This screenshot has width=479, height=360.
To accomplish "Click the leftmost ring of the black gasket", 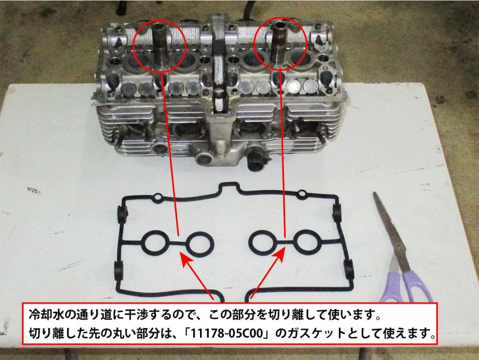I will click(x=153, y=242).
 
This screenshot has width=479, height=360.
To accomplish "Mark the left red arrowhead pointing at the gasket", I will click(x=183, y=257).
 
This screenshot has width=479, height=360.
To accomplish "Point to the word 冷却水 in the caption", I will click(x=43, y=316).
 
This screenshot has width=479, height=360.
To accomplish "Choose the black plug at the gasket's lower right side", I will click(x=349, y=269).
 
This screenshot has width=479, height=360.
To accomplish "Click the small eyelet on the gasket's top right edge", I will click(x=302, y=194).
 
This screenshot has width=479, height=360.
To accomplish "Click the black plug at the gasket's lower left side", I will click(x=119, y=270).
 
